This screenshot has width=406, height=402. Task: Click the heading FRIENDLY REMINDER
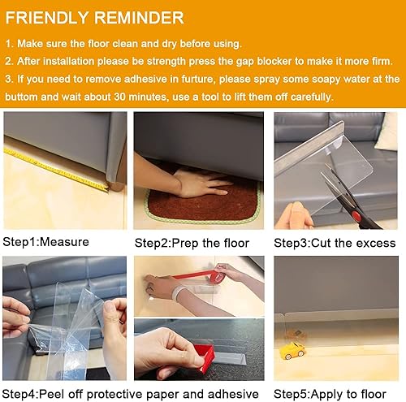pos(94,18)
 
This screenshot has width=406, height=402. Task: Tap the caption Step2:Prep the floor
pos(188,242)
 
